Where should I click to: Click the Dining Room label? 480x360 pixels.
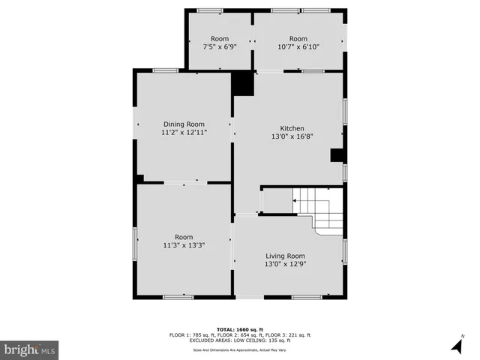(x=184, y=124)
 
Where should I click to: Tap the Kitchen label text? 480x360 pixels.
(x=292, y=128)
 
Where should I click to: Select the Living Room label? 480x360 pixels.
(x=285, y=256)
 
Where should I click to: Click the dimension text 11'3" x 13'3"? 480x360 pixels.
(x=184, y=244)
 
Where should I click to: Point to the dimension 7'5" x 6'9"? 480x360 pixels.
(x=220, y=46)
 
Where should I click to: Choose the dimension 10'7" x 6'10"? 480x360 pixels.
(x=298, y=46)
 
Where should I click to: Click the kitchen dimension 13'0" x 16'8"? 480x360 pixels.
(x=292, y=136)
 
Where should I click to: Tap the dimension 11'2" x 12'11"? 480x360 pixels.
(x=184, y=132)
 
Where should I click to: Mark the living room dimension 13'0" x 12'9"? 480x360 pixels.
(x=285, y=264)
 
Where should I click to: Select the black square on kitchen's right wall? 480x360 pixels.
(x=337, y=155)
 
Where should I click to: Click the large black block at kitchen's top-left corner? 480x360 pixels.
(x=242, y=83)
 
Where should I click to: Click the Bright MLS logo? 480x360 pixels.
(x=29, y=349)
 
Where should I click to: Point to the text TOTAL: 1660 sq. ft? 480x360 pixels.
(x=239, y=330)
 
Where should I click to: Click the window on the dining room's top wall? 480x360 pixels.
(x=166, y=70)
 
